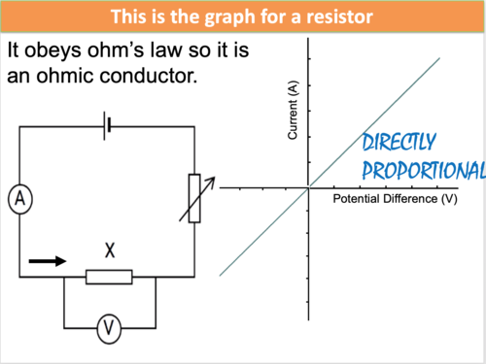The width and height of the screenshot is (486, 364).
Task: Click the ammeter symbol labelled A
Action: click(19, 200)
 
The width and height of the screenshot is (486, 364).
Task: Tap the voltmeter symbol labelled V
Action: click(110, 330)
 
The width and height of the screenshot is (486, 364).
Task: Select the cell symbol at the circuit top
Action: click(109, 125)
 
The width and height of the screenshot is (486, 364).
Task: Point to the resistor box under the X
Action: click(109, 277)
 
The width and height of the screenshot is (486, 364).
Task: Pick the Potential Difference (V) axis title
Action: click(395, 199)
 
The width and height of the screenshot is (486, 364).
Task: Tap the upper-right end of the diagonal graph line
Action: click(440, 59)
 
